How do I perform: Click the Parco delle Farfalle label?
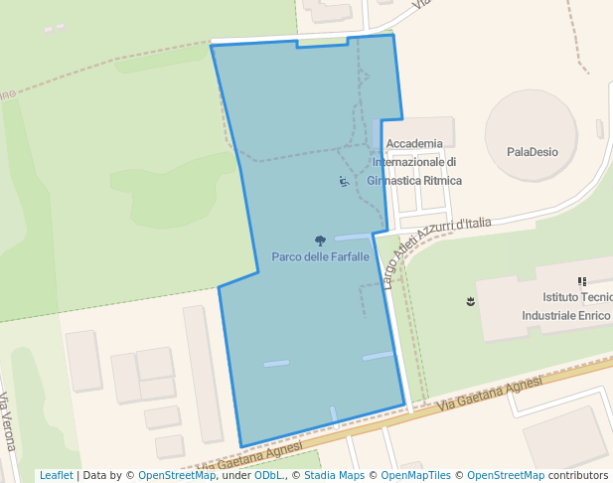[320, 256]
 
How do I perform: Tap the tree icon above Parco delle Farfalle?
[320, 241]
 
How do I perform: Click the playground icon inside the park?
[343, 182]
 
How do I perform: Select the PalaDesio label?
[532, 152]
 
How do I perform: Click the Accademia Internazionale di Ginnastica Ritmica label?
[414, 162]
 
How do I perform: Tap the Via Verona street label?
[9, 421]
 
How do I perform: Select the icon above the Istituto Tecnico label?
[582, 281]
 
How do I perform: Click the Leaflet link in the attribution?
[56, 475]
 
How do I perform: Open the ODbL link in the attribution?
[268, 475]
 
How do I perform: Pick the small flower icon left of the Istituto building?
[470, 300]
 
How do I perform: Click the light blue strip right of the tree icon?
[353, 237]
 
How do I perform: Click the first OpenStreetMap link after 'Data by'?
[176, 475]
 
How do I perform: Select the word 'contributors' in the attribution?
[577, 475]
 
